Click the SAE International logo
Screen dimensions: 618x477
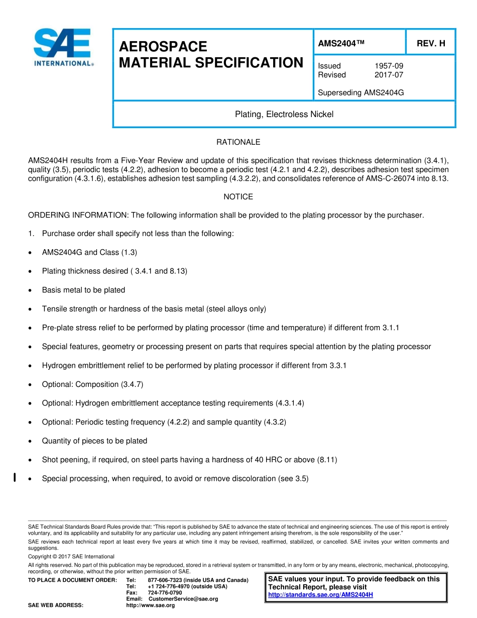click(62, 48)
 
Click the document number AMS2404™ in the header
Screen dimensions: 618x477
click(341, 44)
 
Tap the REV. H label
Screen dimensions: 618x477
click(431, 44)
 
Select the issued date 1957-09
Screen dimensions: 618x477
click(389, 66)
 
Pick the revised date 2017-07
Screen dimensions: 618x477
click(389, 75)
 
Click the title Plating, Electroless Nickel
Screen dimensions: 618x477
click(284, 115)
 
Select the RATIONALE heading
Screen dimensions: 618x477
click(238, 142)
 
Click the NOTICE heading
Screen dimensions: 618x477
click(238, 197)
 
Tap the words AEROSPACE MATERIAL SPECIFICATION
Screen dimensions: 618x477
click(211, 55)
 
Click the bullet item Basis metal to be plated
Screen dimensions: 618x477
click(83, 290)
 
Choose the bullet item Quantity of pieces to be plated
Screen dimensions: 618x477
click(94, 441)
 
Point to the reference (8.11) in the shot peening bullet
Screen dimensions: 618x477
click(327, 460)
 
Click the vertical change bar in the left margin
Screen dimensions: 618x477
click(15, 477)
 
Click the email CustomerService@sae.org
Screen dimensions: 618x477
click(183, 599)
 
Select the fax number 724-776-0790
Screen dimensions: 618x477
click(165, 593)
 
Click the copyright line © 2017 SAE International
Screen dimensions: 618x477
click(71, 557)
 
